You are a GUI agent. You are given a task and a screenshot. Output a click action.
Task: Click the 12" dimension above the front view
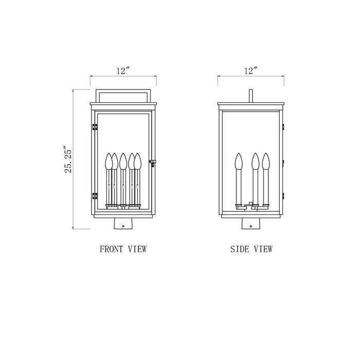point(123,71)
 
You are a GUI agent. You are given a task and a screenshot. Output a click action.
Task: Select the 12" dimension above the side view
point(250,71)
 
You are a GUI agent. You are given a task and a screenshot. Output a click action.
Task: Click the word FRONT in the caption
point(111,249)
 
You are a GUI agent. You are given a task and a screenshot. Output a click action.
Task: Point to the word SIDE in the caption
point(239,249)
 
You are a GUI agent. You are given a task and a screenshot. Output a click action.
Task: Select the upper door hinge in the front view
point(94,127)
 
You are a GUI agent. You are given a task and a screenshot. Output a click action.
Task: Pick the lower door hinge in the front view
point(94,196)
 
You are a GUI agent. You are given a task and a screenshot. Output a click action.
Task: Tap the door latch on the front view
point(152,163)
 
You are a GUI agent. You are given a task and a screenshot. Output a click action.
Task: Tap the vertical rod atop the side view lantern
point(250,96)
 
